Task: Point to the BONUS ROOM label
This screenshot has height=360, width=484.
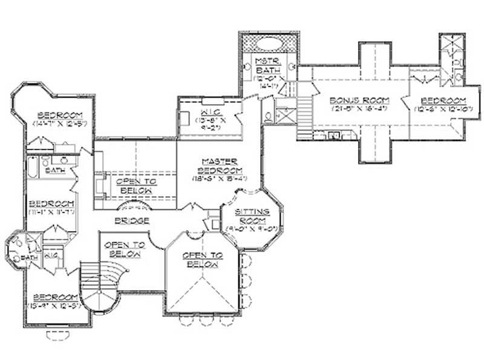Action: (358, 100)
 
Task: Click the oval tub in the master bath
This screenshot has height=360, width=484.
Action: (268, 45)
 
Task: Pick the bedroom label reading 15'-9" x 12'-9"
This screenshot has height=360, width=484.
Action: (55, 297)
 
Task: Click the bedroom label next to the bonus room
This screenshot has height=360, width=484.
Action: (443, 100)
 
